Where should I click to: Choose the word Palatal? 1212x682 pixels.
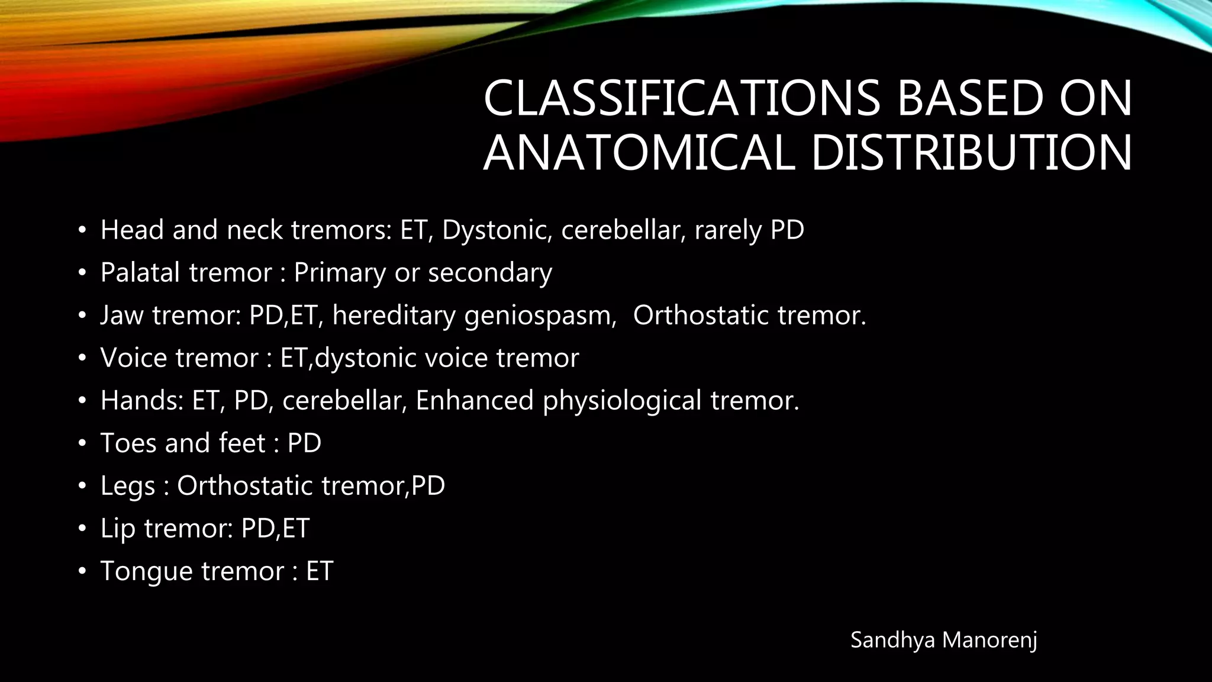(x=140, y=273)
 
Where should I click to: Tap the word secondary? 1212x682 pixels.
(x=490, y=273)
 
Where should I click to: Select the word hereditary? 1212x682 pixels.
(x=394, y=316)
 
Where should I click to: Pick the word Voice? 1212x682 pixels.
(x=134, y=358)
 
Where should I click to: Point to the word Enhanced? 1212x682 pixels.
(x=475, y=401)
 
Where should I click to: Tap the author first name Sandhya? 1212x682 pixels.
(x=893, y=640)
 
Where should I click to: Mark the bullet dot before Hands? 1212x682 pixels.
(x=82, y=401)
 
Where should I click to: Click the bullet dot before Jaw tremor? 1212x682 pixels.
(x=82, y=316)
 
